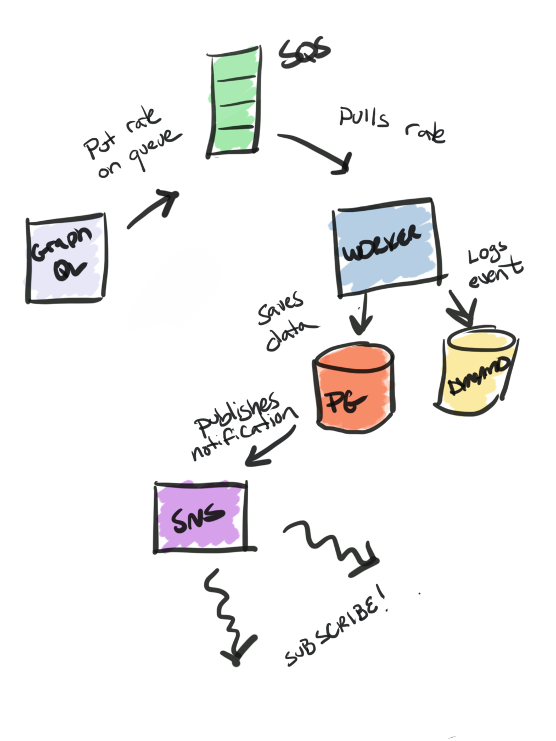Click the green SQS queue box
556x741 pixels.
tap(233, 102)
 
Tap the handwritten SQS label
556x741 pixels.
tap(305, 52)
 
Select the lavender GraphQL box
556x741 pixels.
tap(66, 258)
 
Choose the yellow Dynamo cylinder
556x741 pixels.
tap(476, 373)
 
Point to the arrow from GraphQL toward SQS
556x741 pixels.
tap(154, 209)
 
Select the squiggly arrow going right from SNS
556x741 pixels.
tap(332, 546)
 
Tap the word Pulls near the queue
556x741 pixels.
tap(364, 117)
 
